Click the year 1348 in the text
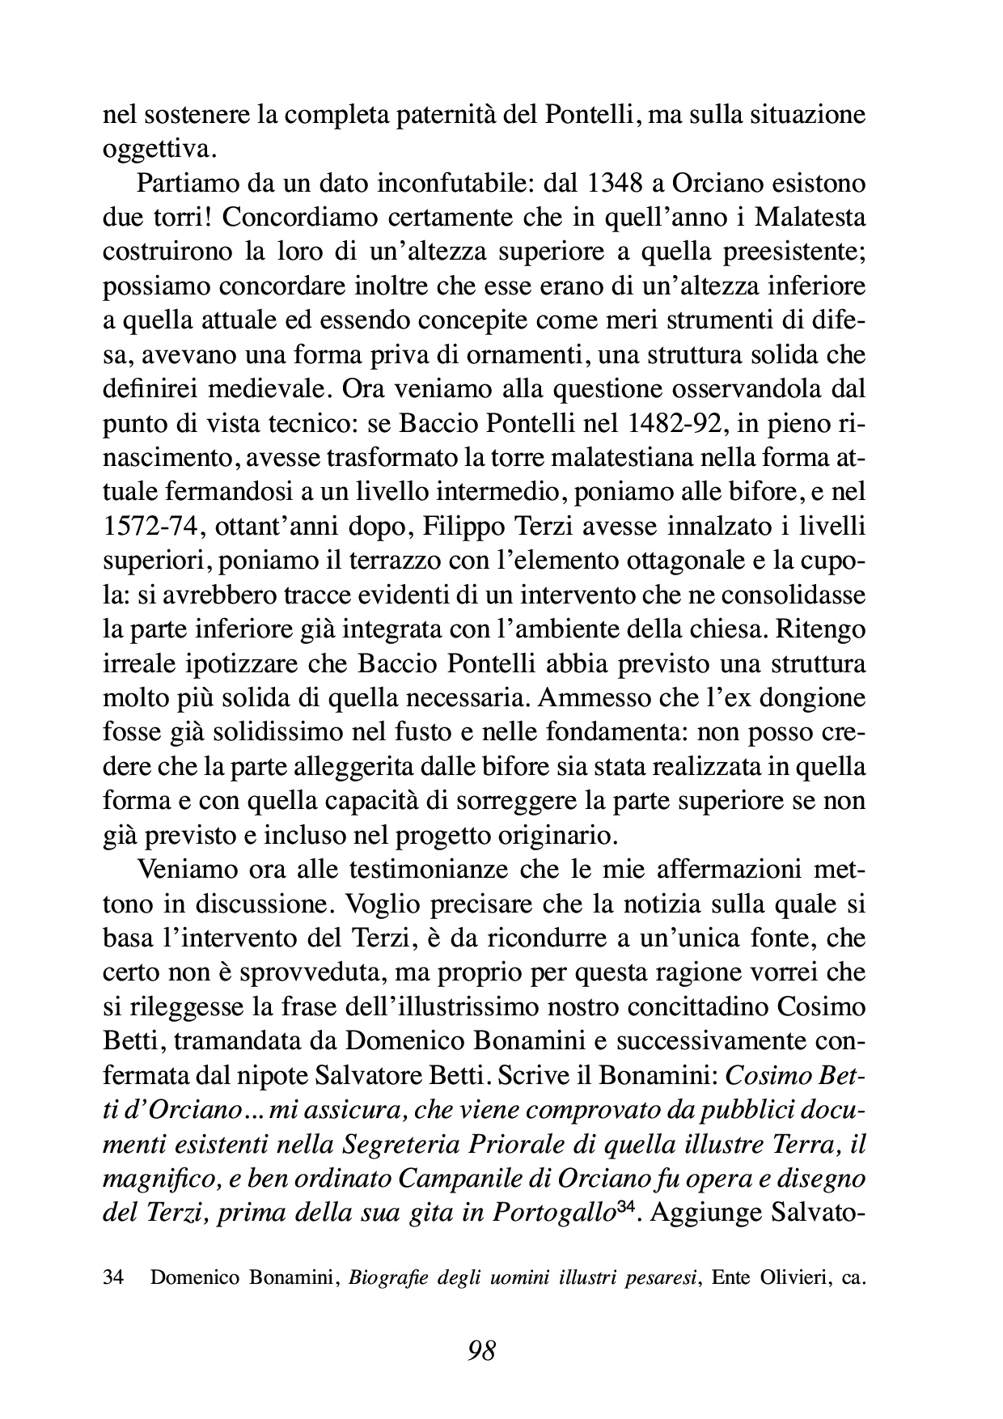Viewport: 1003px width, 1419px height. pyautogui.click(x=619, y=184)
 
